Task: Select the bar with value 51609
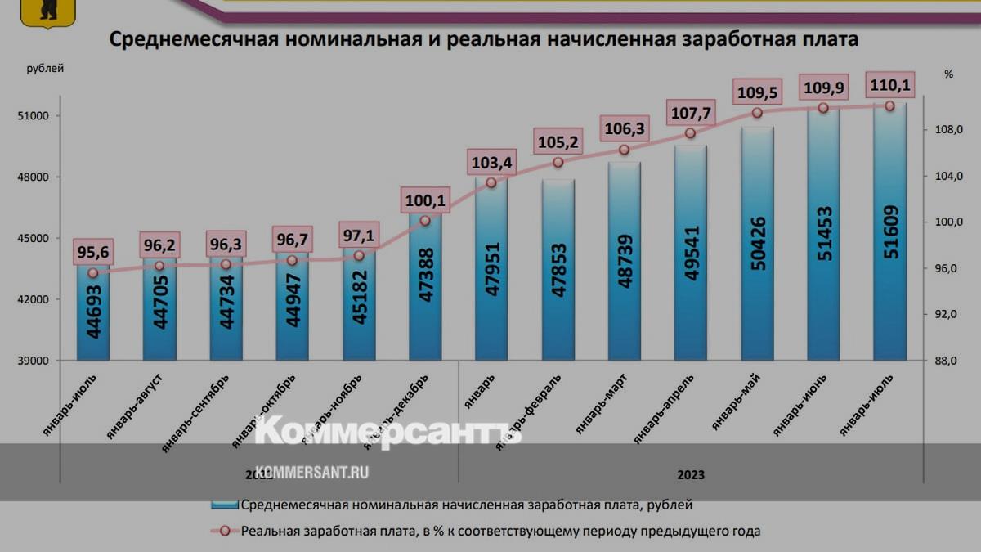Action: coord(889,237)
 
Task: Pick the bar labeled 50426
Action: coord(757,245)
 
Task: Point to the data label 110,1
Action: coord(890,85)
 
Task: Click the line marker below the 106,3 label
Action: coord(624,150)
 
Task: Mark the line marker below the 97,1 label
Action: coord(359,256)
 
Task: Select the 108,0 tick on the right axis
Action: coord(948,130)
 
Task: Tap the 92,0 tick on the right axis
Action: coord(948,314)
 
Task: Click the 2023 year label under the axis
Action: coord(691,474)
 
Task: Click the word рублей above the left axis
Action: coord(45,69)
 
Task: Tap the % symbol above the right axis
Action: coord(948,74)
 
